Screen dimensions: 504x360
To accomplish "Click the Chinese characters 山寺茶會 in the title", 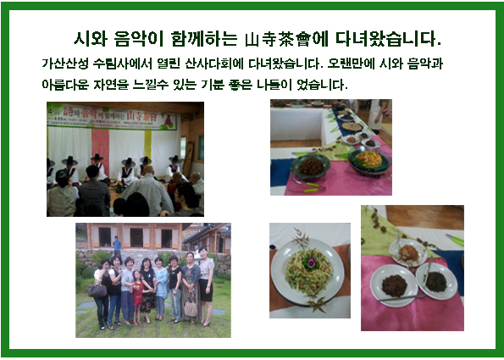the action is coord(278,39).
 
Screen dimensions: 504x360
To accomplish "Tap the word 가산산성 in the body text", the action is coord(65,64).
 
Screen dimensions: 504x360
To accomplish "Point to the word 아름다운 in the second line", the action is coord(65,85).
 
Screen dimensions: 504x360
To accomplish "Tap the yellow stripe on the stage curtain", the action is coord(148,145).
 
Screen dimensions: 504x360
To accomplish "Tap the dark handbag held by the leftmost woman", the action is coord(97,291).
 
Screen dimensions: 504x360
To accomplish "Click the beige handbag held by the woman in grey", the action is coord(191,308).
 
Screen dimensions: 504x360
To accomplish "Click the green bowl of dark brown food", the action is coord(310,167).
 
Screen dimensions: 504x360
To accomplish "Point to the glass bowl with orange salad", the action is coord(369,161).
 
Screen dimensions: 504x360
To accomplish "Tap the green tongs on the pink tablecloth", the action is coord(307,187).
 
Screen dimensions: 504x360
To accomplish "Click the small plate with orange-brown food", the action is coord(408,253).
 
